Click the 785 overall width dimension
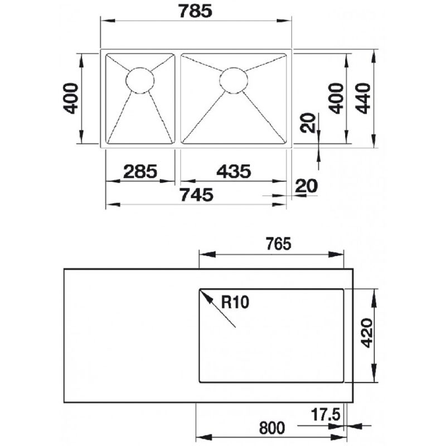[x=196, y=11]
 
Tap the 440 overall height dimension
[x=364, y=99]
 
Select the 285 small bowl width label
[x=140, y=172]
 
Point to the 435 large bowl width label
[x=234, y=172]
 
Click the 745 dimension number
[x=197, y=195]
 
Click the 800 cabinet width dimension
[x=272, y=428]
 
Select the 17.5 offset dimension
[x=326, y=414]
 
